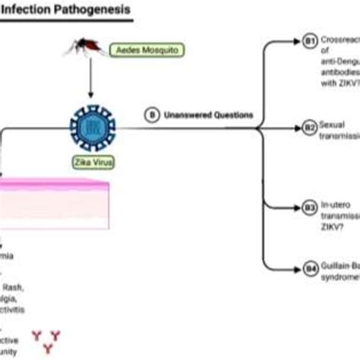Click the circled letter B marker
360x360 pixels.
point(152,115)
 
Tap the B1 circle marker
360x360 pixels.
point(310,43)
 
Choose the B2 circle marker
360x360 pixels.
point(310,130)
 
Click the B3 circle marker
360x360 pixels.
point(310,206)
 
